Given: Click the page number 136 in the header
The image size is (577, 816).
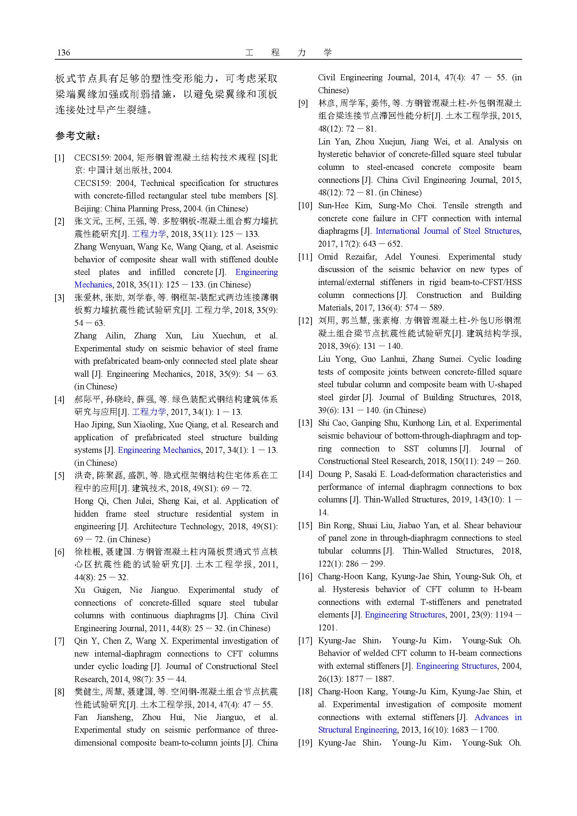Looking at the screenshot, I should pos(63,53).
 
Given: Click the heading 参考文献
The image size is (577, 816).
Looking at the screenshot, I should pos(78,136).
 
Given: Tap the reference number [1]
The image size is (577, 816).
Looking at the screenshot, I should pos(59,158).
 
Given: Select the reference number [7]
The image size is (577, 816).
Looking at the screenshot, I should pos(59,641).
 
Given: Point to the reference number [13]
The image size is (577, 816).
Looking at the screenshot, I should pos(305,423).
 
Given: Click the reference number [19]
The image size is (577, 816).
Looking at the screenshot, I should pos(305,743).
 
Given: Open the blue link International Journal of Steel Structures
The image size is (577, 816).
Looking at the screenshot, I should pos(447,231).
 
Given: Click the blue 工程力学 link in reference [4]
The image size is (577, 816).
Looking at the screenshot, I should pos(149,412).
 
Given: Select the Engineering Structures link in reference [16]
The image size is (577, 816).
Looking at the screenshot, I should pos(405,615).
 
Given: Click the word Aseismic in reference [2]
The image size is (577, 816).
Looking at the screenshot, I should pos(262,247).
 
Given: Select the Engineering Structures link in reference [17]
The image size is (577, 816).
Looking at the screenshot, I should pos(456,666).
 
